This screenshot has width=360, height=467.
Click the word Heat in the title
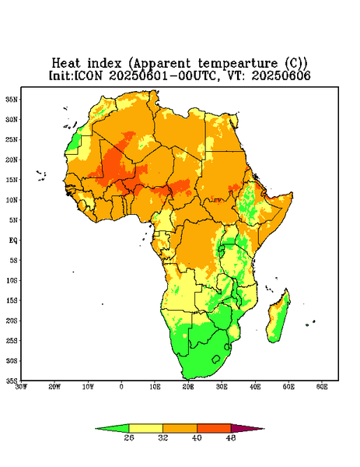(66, 63)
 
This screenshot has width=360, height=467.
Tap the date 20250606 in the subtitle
(281, 75)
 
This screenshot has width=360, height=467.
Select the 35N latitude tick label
(12, 100)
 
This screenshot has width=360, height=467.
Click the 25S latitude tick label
(12, 340)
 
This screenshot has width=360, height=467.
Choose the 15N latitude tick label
(12, 180)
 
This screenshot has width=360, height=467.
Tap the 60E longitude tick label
(322, 387)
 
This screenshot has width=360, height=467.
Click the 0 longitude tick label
(121, 387)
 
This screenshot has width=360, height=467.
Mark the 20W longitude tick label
(54, 387)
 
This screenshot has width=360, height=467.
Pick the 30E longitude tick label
(222, 387)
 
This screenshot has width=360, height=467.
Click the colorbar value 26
(129, 437)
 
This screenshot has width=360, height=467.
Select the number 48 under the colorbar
(231, 437)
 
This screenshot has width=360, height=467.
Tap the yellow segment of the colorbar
(145, 428)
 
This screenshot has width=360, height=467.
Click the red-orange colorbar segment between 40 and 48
(214, 428)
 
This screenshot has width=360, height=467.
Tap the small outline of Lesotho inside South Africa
(216, 359)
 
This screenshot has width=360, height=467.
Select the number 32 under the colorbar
(163, 437)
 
